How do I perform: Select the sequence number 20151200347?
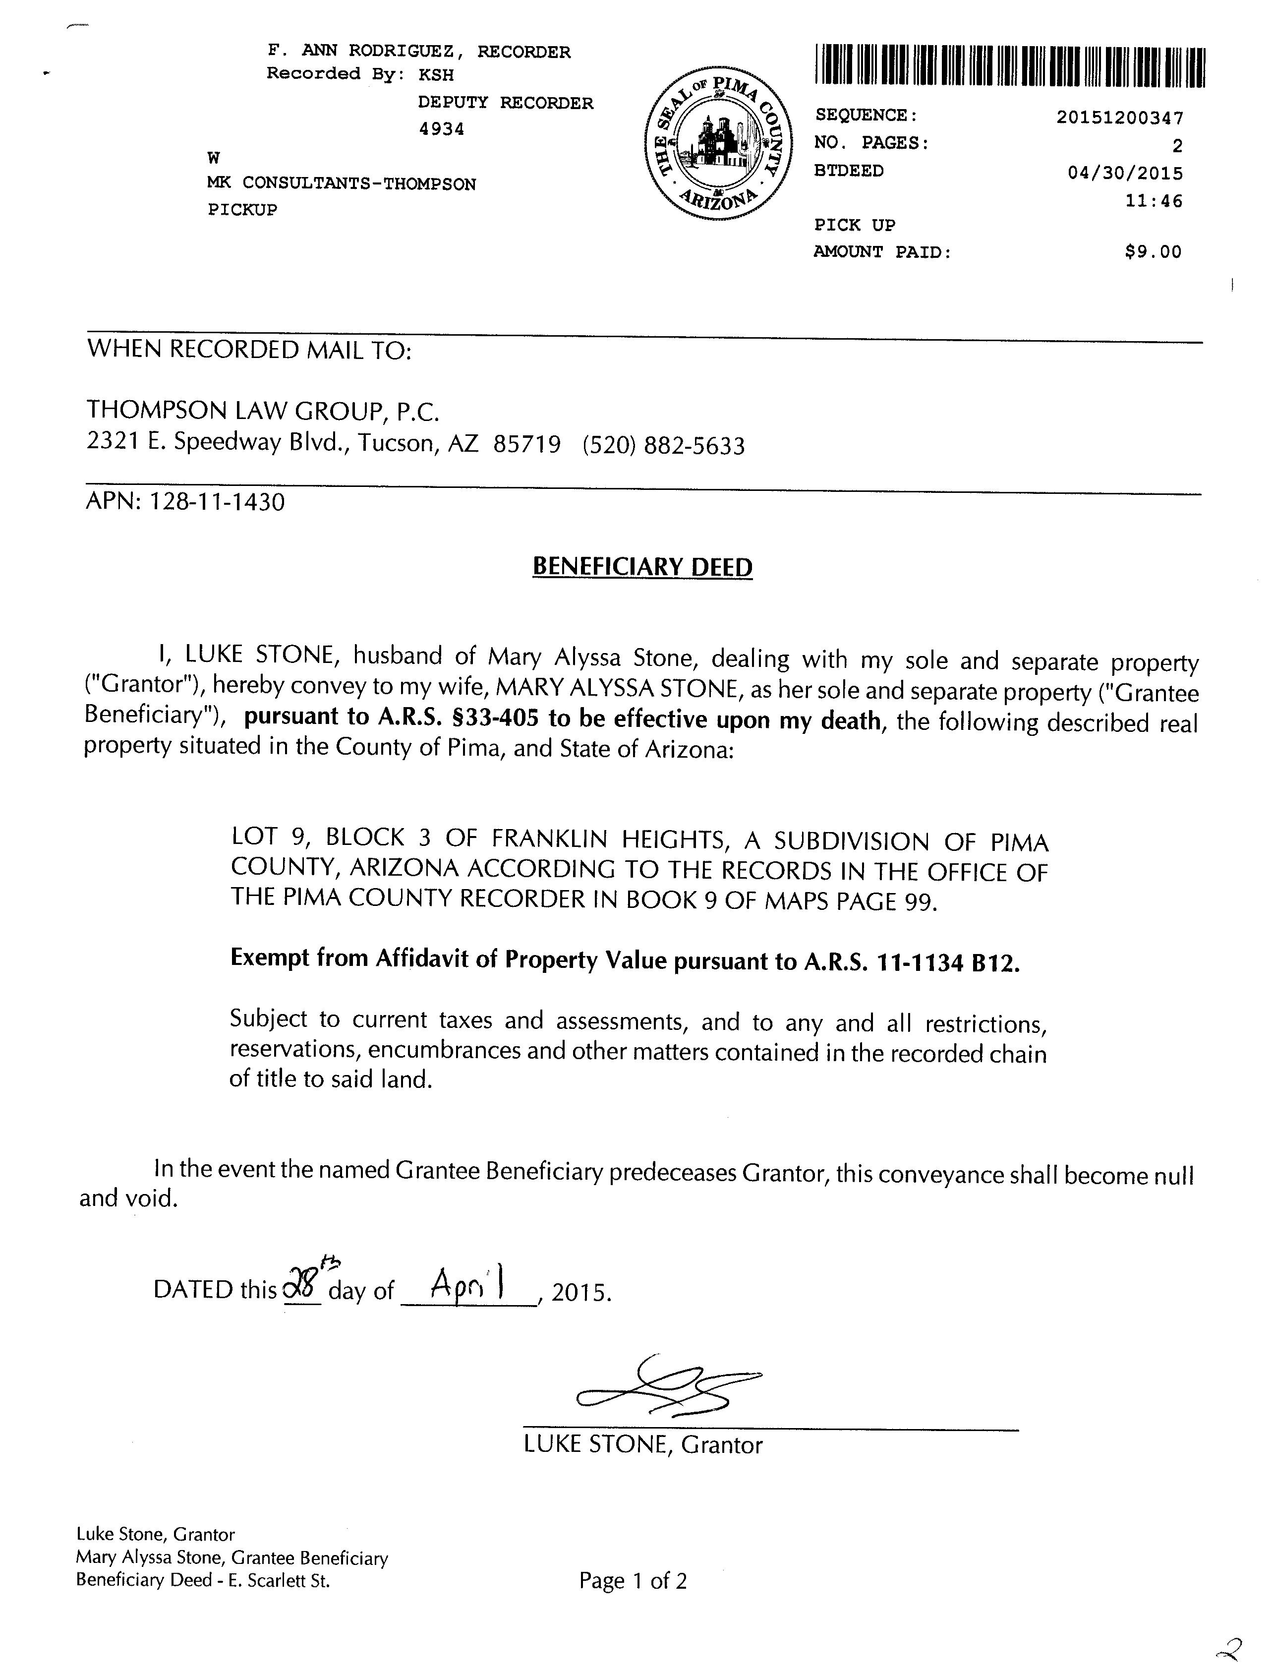(1119, 118)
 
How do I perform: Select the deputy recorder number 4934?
(442, 129)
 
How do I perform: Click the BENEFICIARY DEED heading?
(642, 567)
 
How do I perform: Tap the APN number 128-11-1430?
(218, 502)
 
